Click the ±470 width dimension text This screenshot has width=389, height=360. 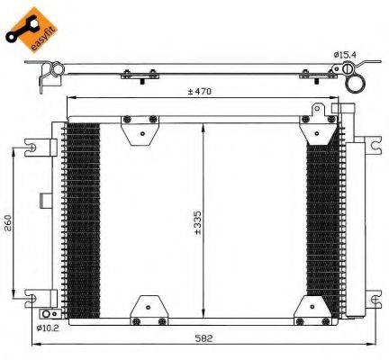[x=201, y=91]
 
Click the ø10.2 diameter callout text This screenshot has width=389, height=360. [x=49, y=328]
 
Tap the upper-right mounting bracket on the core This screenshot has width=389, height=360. [x=318, y=128]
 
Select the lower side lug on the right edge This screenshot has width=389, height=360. [x=371, y=296]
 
